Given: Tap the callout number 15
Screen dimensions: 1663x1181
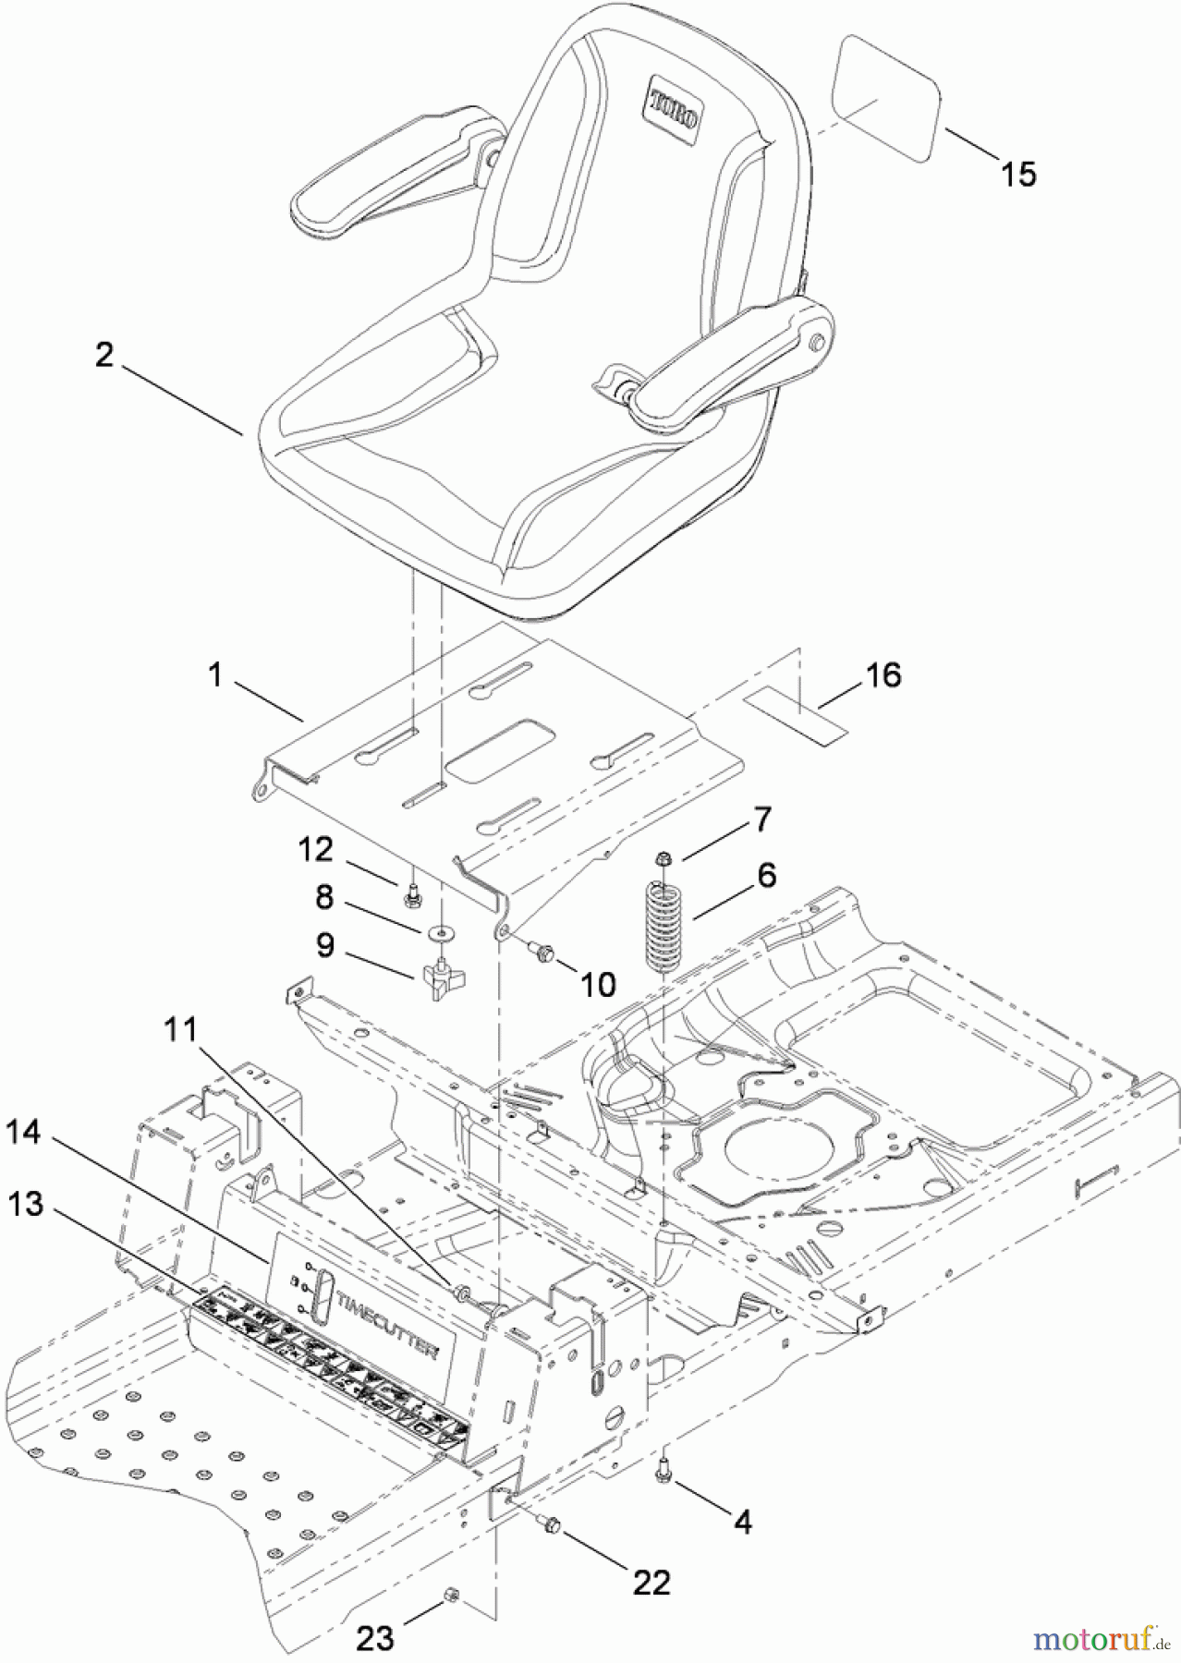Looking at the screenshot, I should [x=1018, y=174].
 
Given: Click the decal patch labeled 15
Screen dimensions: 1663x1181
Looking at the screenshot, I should [x=887, y=98].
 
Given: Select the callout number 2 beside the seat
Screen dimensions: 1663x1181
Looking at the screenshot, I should [x=104, y=354].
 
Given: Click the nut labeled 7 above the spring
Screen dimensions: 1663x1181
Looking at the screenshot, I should [x=661, y=859].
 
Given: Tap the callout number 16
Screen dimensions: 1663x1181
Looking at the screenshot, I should [x=883, y=674].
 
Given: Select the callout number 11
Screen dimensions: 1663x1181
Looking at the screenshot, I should [x=182, y=1028].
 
